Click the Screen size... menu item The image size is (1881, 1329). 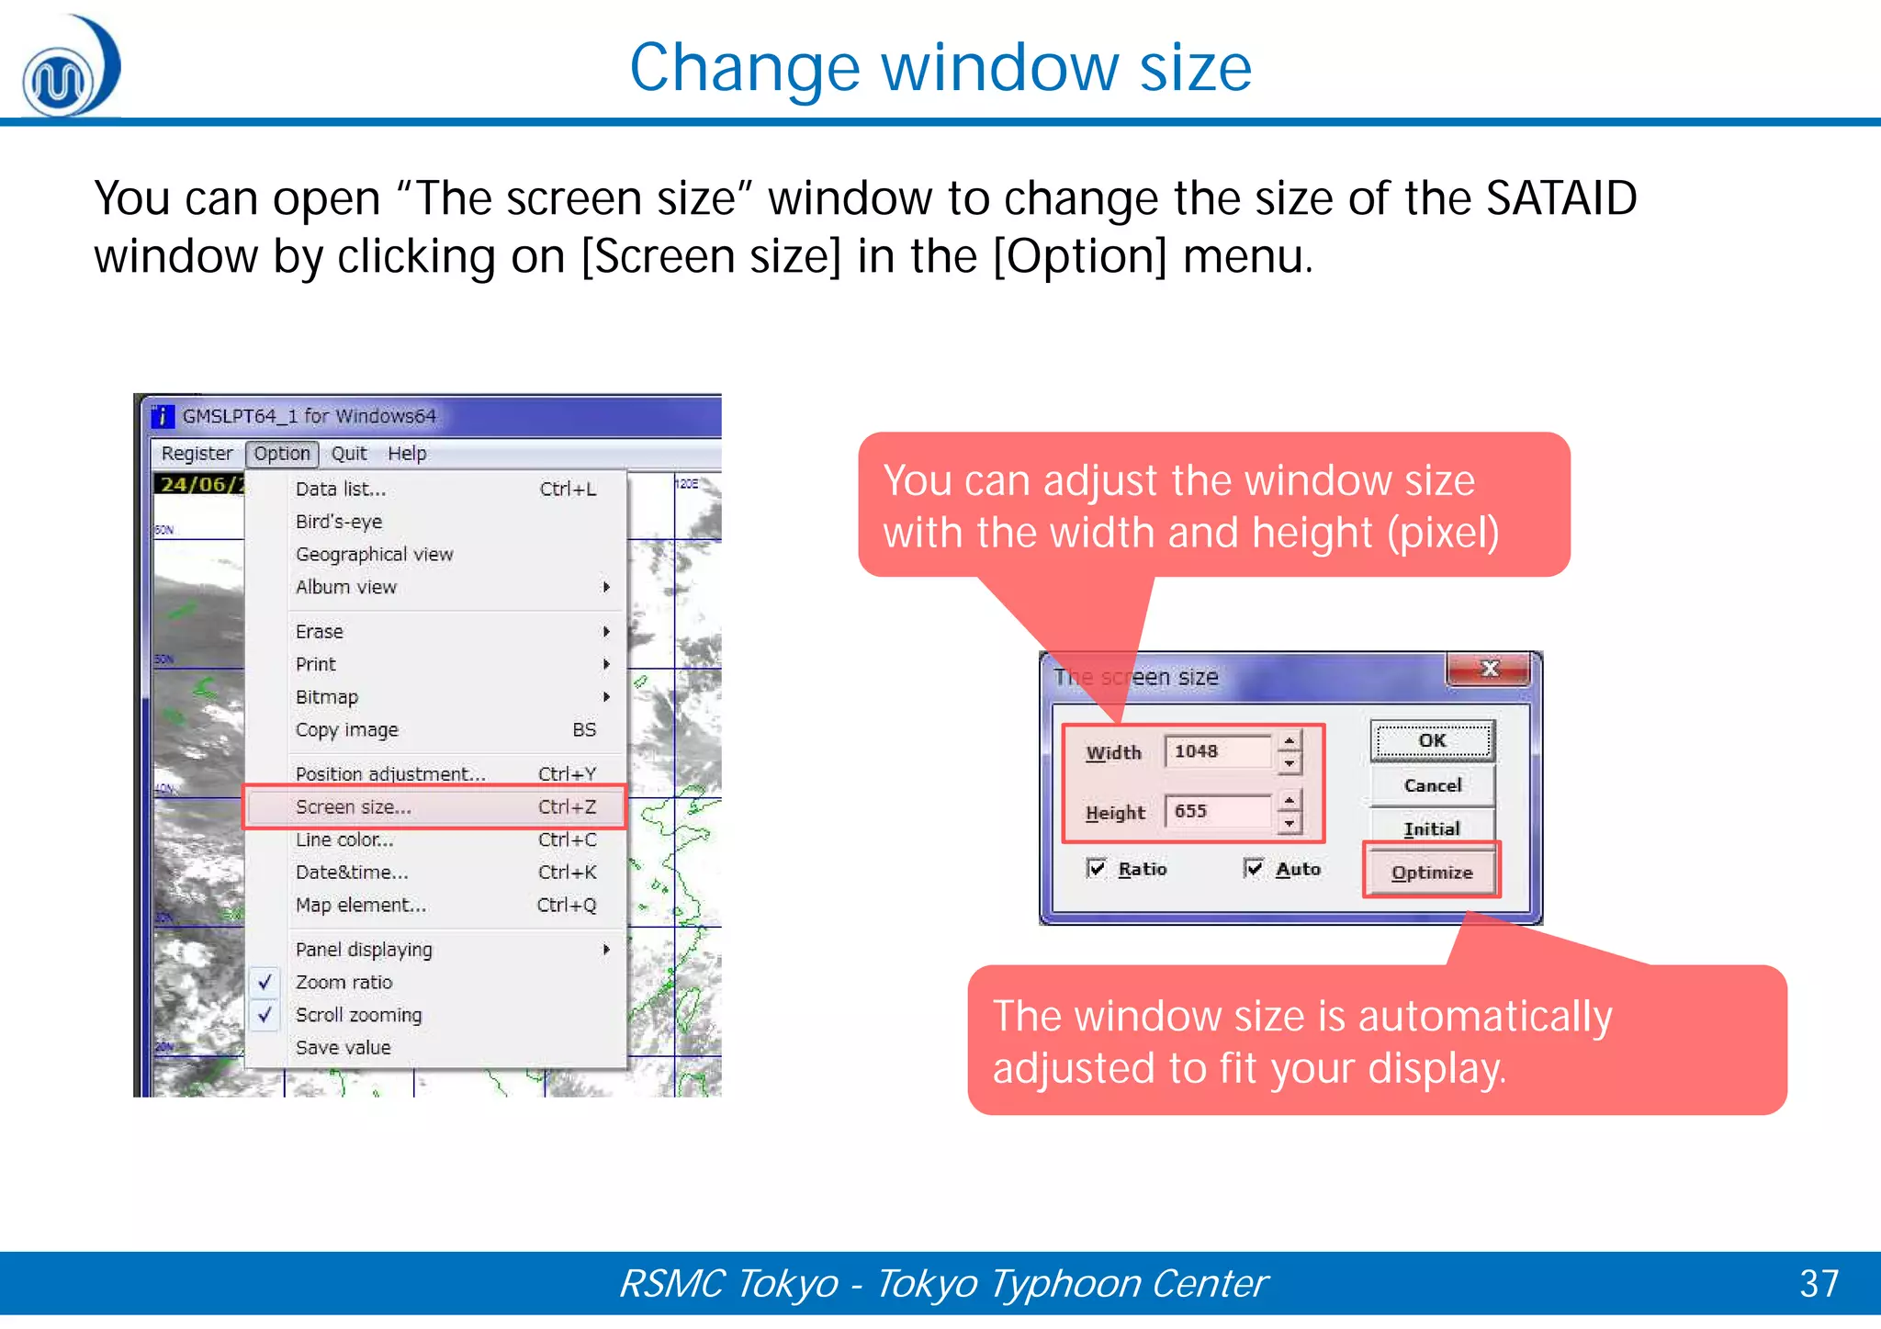(354, 807)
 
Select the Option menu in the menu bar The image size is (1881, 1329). (282, 454)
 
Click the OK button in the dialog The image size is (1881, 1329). (1432, 741)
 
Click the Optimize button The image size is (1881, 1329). (1432, 873)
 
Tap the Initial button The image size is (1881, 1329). (1432, 828)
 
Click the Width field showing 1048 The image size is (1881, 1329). (1217, 751)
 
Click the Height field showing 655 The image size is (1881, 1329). (1217, 811)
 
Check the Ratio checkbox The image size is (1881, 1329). (1097, 869)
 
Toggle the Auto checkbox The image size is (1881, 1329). (1254, 869)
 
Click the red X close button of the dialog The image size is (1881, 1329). (1489, 669)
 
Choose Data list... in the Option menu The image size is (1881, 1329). (341, 490)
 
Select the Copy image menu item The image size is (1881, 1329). (347, 730)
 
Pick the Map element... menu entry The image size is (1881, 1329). (361, 906)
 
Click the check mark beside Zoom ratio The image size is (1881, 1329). (265, 982)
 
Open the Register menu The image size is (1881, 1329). (197, 454)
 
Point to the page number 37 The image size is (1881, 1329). (1819, 1284)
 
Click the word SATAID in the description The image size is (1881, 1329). (1561, 198)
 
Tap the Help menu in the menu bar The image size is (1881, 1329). (407, 454)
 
